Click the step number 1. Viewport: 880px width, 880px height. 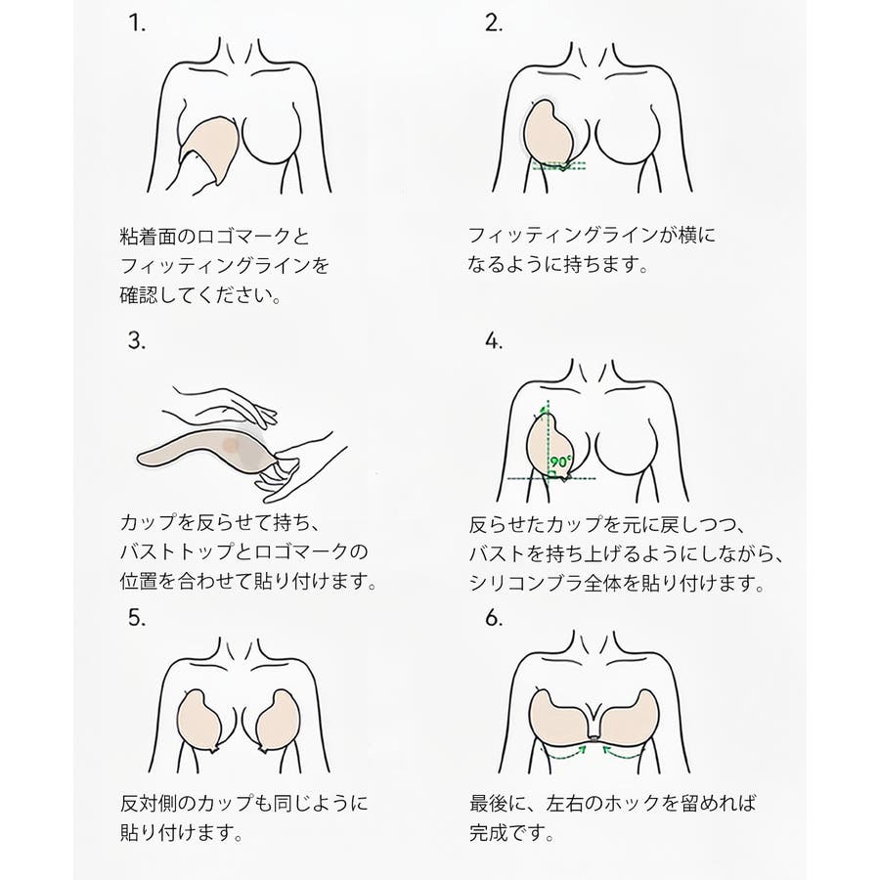[x=136, y=23]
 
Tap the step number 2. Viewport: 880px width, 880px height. [x=494, y=23]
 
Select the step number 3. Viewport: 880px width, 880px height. [x=136, y=340]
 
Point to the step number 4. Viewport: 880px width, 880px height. [x=494, y=340]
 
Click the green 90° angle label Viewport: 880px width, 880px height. [x=560, y=462]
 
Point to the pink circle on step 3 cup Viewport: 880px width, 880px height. [x=231, y=445]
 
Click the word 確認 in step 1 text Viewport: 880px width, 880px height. [x=139, y=295]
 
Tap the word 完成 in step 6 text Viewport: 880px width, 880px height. [x=488, y=832]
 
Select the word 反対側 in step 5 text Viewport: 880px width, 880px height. [x=149, y=803]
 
